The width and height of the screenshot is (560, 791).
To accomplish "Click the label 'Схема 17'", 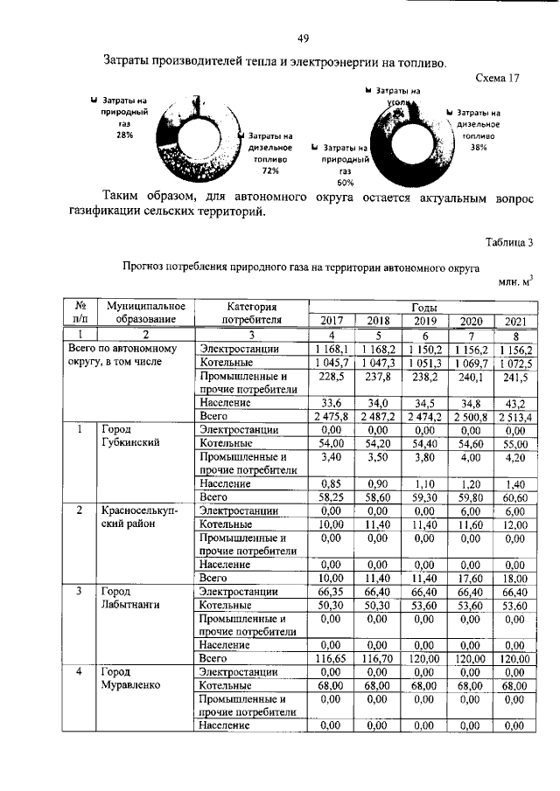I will [497, 78].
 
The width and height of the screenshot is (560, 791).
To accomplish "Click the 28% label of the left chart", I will [123, 135].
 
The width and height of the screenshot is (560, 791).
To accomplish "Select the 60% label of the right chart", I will [345, 183].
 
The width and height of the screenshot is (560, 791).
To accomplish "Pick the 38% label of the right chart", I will [478, 148].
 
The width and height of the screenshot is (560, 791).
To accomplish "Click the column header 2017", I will [332, 319].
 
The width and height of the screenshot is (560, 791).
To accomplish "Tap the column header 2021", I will [513, 320].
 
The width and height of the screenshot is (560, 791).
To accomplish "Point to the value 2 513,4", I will [513, 417].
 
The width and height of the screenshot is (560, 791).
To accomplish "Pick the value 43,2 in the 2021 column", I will [513, 403].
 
